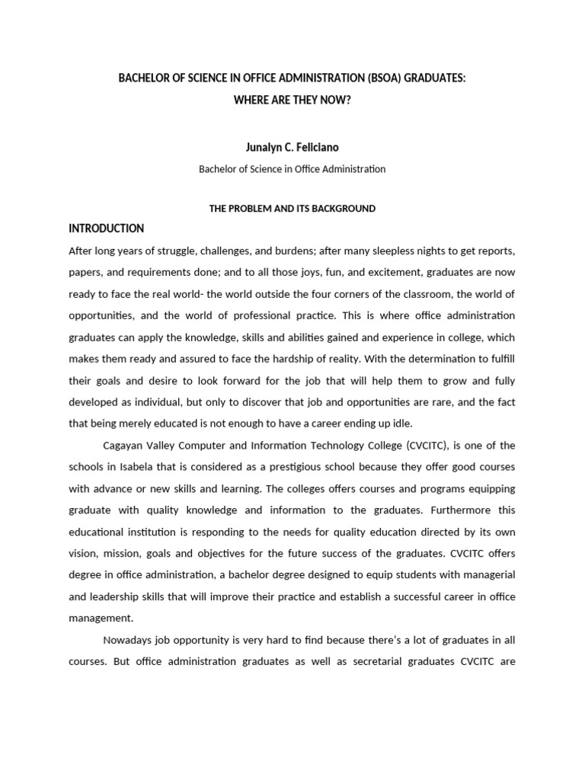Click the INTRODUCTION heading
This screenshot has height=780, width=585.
(x=106, y=229)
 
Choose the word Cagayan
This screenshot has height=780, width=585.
(x=123, y=446)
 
